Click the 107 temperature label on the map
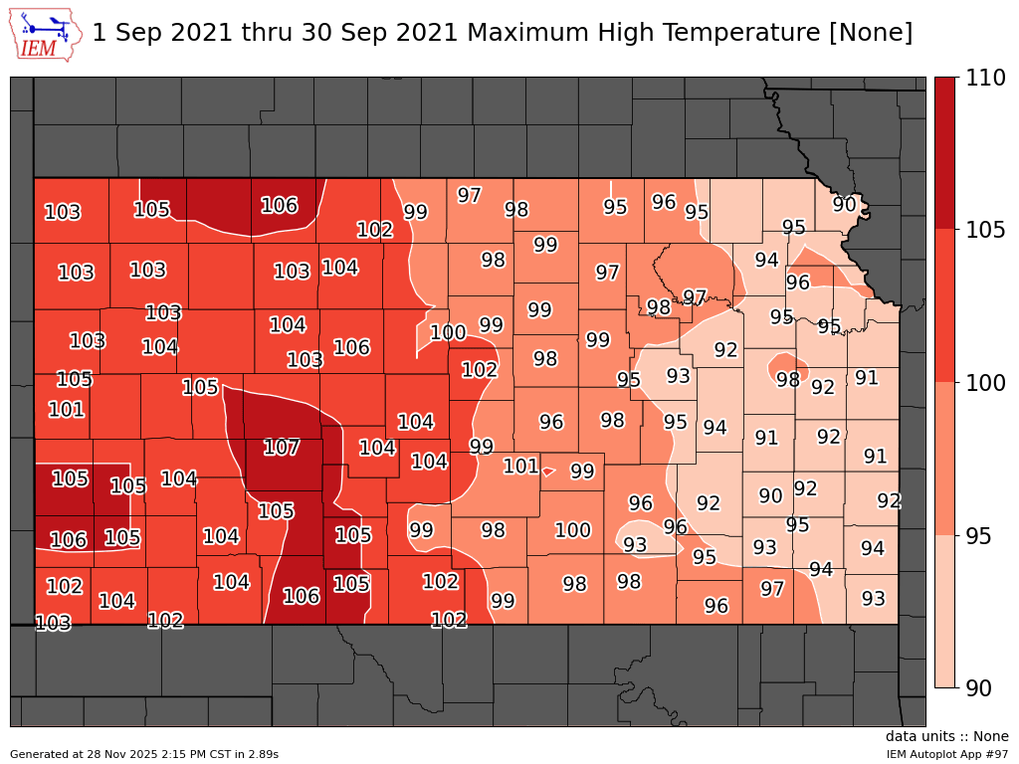tap(282, 448)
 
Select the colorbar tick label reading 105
tap(984, 231)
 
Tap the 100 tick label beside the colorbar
tap(984, 383)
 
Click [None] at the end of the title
tap(871, 33)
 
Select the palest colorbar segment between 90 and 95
tap(944, 612)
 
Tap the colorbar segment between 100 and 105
tap(944, 306)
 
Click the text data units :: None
tap(946, 737)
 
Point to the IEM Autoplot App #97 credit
tap(947, 754)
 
